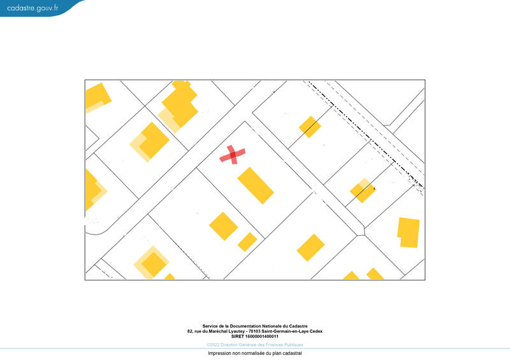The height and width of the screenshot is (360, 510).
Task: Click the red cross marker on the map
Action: pos(233,155)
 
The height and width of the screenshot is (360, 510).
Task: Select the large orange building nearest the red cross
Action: pos(256,185)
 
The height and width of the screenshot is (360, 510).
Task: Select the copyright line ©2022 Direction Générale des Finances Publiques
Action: pos(255,345)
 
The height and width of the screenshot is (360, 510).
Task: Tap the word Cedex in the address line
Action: pos(315,331)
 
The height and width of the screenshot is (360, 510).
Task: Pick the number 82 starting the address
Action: pos(190,331)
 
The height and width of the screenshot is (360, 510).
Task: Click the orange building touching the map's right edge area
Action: pos(409,233)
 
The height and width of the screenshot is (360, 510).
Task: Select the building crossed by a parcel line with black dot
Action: pos(363,191)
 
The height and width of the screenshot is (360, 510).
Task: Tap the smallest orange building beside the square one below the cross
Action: pos(247,241)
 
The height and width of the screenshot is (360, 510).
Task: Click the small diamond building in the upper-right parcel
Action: pos(310,126)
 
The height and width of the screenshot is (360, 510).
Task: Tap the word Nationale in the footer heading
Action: pos(271,326)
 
